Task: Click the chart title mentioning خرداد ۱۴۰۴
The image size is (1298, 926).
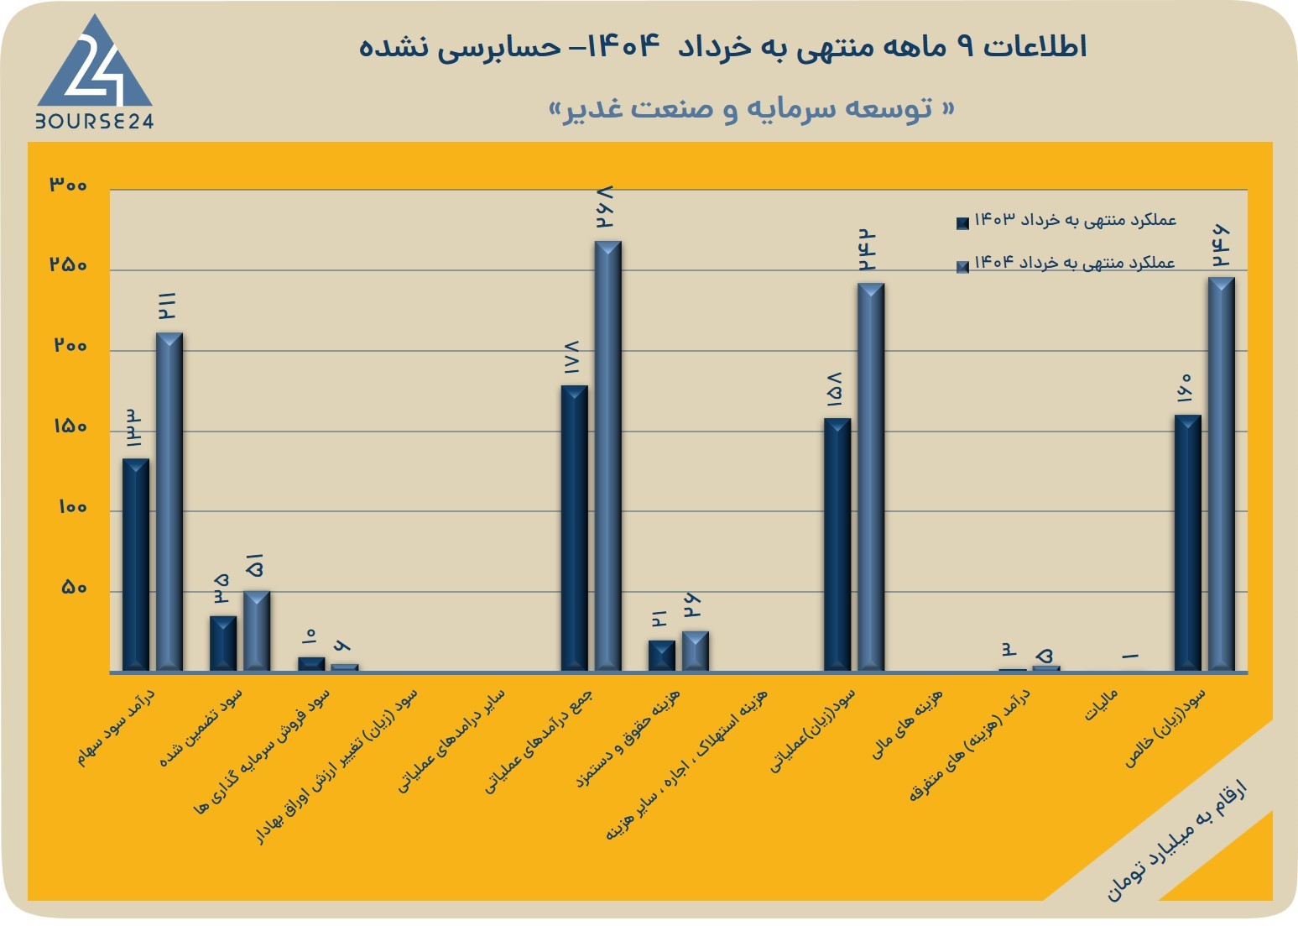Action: click(x=722, y=47)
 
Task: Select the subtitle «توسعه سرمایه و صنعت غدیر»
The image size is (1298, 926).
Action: click(x=751, y=109)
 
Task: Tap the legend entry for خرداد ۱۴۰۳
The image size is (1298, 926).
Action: click(x=1066, y=220)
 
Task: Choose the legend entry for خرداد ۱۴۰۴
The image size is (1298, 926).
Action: click(x=1066, y=264)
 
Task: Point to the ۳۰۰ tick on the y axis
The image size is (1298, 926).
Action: click(x=68, y=185)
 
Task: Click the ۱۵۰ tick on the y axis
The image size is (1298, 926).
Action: click(x=70, y=426)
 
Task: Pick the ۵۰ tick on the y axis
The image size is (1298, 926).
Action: click(x=74, y=588)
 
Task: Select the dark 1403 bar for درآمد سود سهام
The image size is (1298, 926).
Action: click(x=136, y=565)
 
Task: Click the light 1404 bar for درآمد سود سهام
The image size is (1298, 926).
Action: click(x=169, y=502)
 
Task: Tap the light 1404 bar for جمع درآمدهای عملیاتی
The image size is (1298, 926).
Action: click(x=608, y=457)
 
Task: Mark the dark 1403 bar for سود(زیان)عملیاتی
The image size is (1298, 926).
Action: click(x=837, y=545)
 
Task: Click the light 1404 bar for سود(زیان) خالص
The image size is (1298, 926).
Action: click(x=1222, y=474)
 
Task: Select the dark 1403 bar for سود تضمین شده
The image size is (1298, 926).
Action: click(x=223, y=644)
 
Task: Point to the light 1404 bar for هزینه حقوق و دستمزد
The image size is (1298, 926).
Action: click(x=696, y=651)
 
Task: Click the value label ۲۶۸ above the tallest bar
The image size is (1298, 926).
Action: click(x=605, y=207)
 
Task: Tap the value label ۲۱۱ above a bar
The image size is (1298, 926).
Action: click(x=167, y=306)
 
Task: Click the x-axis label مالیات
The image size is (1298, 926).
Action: click(x=1101, y=705)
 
